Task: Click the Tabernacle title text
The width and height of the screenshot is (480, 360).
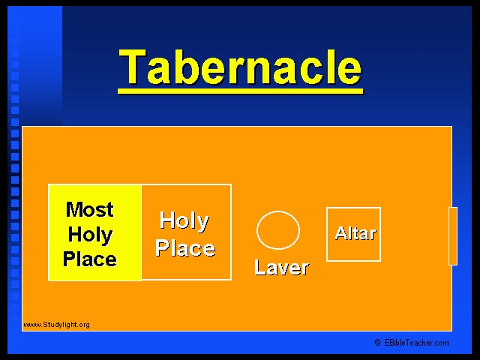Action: [240, 67]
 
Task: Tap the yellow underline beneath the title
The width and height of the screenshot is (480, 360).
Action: [240, 91]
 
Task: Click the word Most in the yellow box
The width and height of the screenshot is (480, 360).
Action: [90, 210]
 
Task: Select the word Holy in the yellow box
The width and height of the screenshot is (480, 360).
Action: [90, 235]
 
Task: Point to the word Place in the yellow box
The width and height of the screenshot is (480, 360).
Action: [90, 259]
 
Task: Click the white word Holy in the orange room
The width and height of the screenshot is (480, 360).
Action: [184, 221]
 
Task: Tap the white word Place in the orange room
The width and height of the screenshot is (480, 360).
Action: [185, 247]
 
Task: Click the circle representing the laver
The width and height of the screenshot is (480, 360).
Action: [278, 211]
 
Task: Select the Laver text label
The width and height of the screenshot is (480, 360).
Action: [282, 267]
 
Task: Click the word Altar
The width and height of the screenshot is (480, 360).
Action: [355, 233]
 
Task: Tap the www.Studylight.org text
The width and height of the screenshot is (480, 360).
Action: [56, 325]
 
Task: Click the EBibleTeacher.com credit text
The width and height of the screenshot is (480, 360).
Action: [417, 343]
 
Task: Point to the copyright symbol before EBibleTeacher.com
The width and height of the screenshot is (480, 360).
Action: [378, 343]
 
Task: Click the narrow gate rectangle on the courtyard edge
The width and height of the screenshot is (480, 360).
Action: [453, 236]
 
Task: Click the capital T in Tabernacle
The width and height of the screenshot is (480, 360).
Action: [132, 67]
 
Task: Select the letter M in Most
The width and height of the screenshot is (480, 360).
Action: [75, 210]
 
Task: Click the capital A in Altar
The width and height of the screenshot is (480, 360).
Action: [340, 233]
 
